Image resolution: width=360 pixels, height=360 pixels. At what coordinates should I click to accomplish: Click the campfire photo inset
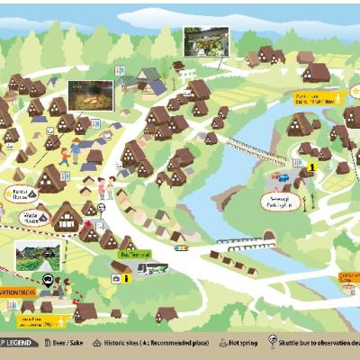[91, 94]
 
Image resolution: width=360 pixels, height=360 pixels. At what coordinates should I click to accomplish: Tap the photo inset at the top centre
[205, 41]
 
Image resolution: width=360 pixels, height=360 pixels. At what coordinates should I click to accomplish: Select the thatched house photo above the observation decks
[38, 255]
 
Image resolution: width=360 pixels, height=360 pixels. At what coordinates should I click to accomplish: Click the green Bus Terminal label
[130, 254]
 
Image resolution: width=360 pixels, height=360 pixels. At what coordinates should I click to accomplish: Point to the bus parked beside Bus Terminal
[150, 267]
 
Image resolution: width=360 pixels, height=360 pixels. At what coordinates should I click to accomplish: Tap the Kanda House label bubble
[20, 193]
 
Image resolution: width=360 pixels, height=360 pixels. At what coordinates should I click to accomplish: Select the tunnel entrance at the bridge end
[268, 237]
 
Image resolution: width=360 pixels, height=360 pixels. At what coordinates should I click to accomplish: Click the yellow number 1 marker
[311, 166]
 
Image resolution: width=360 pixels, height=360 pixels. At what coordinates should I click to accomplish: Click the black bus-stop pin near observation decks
[60, 282]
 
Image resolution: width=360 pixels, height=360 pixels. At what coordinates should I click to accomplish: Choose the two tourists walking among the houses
[106, 188]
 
